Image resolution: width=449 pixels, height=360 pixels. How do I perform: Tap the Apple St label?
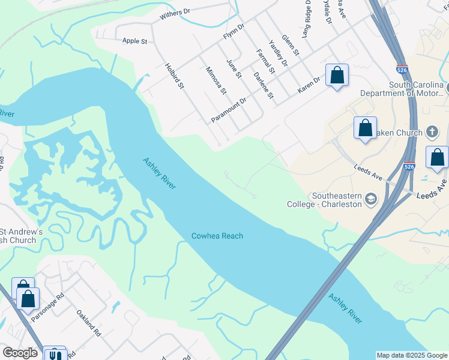click(134, 41)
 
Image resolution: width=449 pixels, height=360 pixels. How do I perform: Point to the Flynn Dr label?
click(234, 31)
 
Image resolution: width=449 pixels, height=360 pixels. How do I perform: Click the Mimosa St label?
click(215, 81)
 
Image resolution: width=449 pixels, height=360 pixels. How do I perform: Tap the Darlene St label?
click(263, 85)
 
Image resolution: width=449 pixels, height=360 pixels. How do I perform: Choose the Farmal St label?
click(265, 62)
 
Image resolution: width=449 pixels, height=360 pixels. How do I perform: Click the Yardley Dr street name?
click(278, 53)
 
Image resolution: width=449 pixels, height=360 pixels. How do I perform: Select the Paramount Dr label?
click(229, 110)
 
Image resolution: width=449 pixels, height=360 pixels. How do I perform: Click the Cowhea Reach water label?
click(217, 236)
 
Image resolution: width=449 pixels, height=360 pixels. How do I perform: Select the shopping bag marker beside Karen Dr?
click(337, 76)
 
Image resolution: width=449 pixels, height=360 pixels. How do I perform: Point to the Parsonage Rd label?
click(47, 307)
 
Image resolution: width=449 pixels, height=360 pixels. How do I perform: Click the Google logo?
click(20, 353)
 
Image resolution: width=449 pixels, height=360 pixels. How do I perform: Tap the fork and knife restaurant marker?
click(55, 355)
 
